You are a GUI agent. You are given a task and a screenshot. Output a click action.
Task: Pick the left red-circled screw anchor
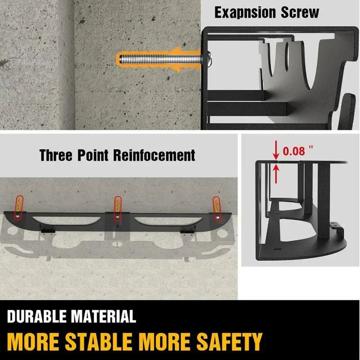pos(19,207)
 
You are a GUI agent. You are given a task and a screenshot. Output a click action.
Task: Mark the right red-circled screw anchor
pos(217,207)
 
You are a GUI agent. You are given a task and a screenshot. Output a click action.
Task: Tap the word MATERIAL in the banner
pos(103,316)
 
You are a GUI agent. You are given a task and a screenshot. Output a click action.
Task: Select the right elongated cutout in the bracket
pos(162,220)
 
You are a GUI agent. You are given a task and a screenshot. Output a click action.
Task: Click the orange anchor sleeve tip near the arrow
pos(121,58)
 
